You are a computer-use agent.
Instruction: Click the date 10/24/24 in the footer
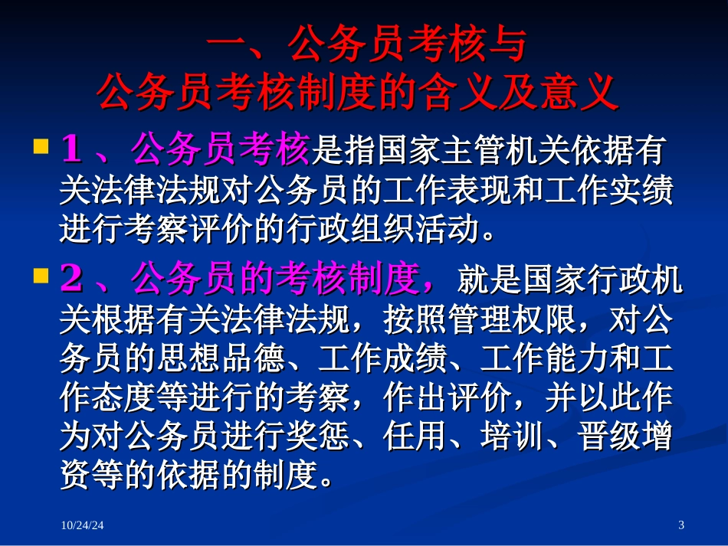point(82,525)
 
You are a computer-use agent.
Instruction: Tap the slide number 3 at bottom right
point(681,525)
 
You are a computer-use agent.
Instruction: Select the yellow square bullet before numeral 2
point(41,276)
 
